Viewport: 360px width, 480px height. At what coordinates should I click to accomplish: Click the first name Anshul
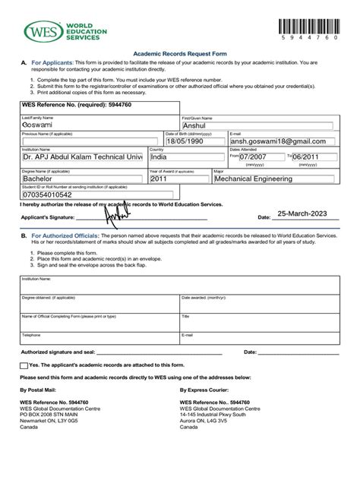coord(199,127)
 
